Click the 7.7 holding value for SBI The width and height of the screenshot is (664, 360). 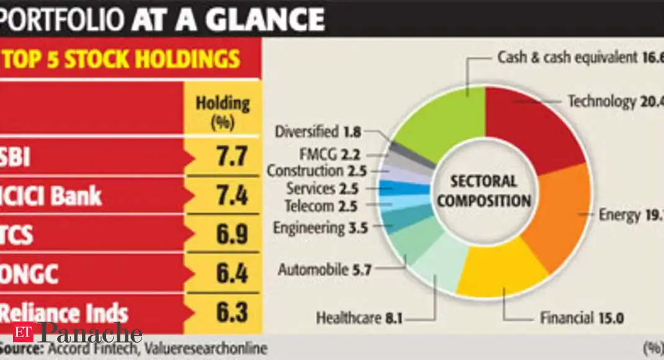tap(222, 157)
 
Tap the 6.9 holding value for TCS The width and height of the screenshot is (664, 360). tap(222, 235)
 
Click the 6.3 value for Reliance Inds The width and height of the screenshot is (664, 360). tap(222, 311)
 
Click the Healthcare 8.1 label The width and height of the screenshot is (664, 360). tap(359, 318)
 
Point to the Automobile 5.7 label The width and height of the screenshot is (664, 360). tap(325, 270)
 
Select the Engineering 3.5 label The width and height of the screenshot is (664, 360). tap(320, 228)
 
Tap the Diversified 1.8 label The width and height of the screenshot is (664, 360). tap(315, 132)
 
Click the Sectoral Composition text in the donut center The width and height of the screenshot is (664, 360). tap(484, 191)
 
